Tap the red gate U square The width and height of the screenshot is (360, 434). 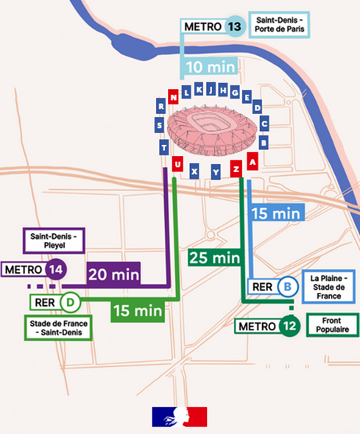(177, 163)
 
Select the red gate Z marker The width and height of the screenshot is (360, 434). (236, 168)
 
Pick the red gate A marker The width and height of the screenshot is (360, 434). (253, 159)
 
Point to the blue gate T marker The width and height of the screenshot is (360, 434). (163, 147)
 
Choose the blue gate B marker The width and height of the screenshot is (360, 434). (264, 141)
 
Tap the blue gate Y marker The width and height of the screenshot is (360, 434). (216, 172)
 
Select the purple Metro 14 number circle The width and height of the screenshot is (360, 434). (54, 270)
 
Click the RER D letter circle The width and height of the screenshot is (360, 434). (70, 302)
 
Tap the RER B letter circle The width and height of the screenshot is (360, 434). (289, 288)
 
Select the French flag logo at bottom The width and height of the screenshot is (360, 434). (180, 417)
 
